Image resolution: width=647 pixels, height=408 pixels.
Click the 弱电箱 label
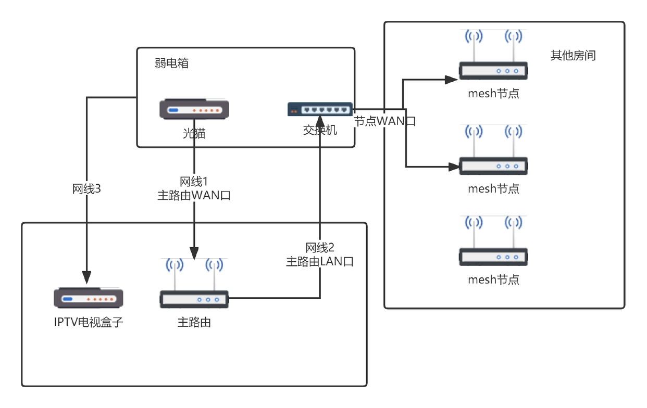click(x=171, y=63)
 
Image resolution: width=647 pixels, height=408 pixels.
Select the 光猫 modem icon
click(x=194, y=110)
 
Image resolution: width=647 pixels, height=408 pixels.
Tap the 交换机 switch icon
click(x=319, y=109)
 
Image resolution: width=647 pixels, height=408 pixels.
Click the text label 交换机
click(x=320, y=130)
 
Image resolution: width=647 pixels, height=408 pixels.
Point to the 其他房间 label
click(x=573, y=55)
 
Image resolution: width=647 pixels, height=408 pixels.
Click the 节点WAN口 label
click(x=385, y=121)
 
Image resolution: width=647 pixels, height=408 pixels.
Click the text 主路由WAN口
click(x=194, y=196)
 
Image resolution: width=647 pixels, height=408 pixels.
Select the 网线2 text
click(x=320, y=248)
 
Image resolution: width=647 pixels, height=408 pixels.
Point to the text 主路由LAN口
click(x=320, y=262)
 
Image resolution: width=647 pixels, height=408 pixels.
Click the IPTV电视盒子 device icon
click(x=89, y=298)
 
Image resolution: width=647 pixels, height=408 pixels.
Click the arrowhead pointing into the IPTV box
click(x=86, y=276)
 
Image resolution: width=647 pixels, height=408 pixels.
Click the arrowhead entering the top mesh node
click(x=451, y=80)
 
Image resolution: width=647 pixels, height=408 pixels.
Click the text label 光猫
click(x=194, y=134)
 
